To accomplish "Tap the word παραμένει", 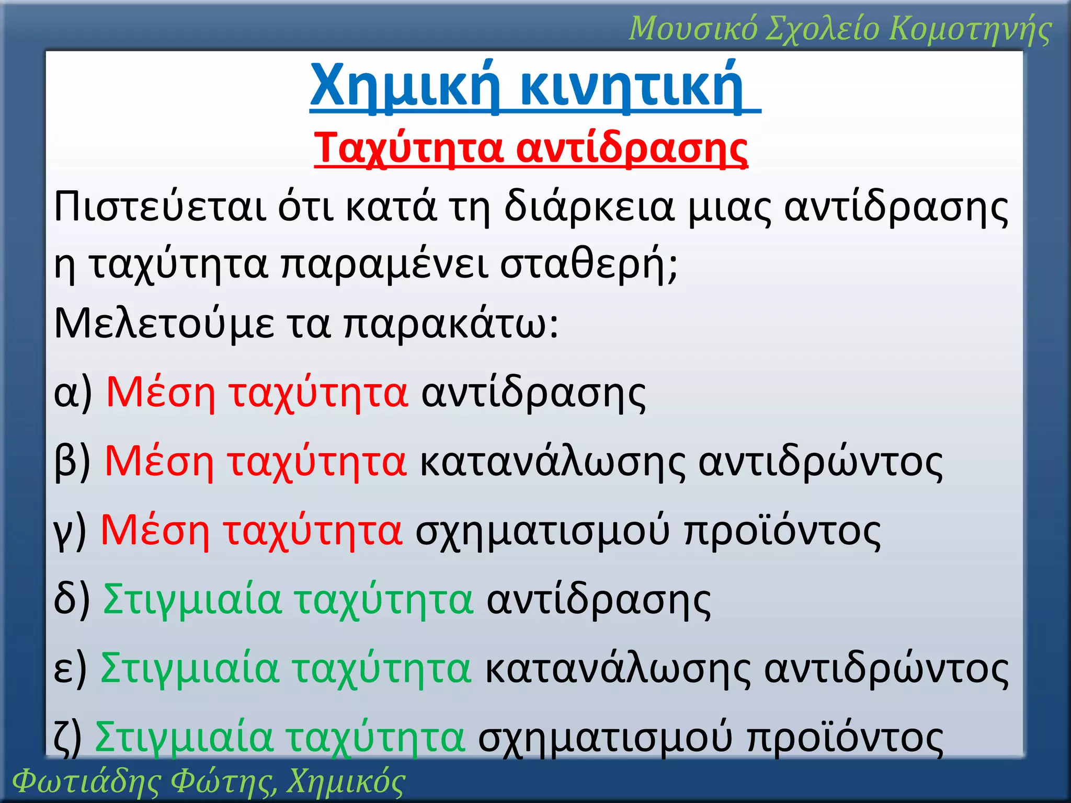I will pyautogui.click(x=384, y=265).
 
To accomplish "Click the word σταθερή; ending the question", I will pyautogui.click(x=589, y=265).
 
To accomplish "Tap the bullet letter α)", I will pyautogui.click(x=73, y=393).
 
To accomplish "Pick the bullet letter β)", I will pyautogui.click(x=72, y=462).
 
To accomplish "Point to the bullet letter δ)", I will pyautogui.click(x=72, y=600).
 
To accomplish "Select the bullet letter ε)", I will pyautogui.click(x=70, y=669).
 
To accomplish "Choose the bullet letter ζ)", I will pyautogui.click(x=68, y=737).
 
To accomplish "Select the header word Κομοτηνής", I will pyautogui.click(x=971, y=28).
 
